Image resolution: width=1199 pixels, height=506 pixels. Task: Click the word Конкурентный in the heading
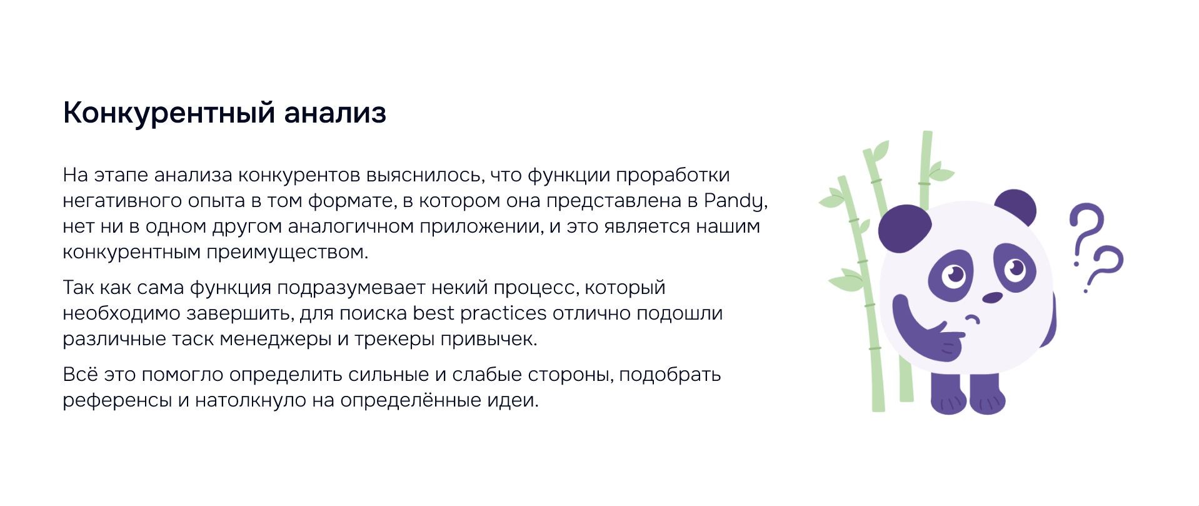[169, 114]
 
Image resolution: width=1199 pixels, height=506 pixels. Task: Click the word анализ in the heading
[335, 113]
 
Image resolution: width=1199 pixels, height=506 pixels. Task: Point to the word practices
[503, 314]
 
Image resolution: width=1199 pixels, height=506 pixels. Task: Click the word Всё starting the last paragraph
[81, 374]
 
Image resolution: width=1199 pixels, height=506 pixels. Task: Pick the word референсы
[118, 401]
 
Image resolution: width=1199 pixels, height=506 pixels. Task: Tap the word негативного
[122, 201]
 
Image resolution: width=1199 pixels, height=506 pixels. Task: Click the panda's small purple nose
[992, 298]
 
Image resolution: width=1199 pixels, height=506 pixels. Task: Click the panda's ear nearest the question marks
[1016, 205]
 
